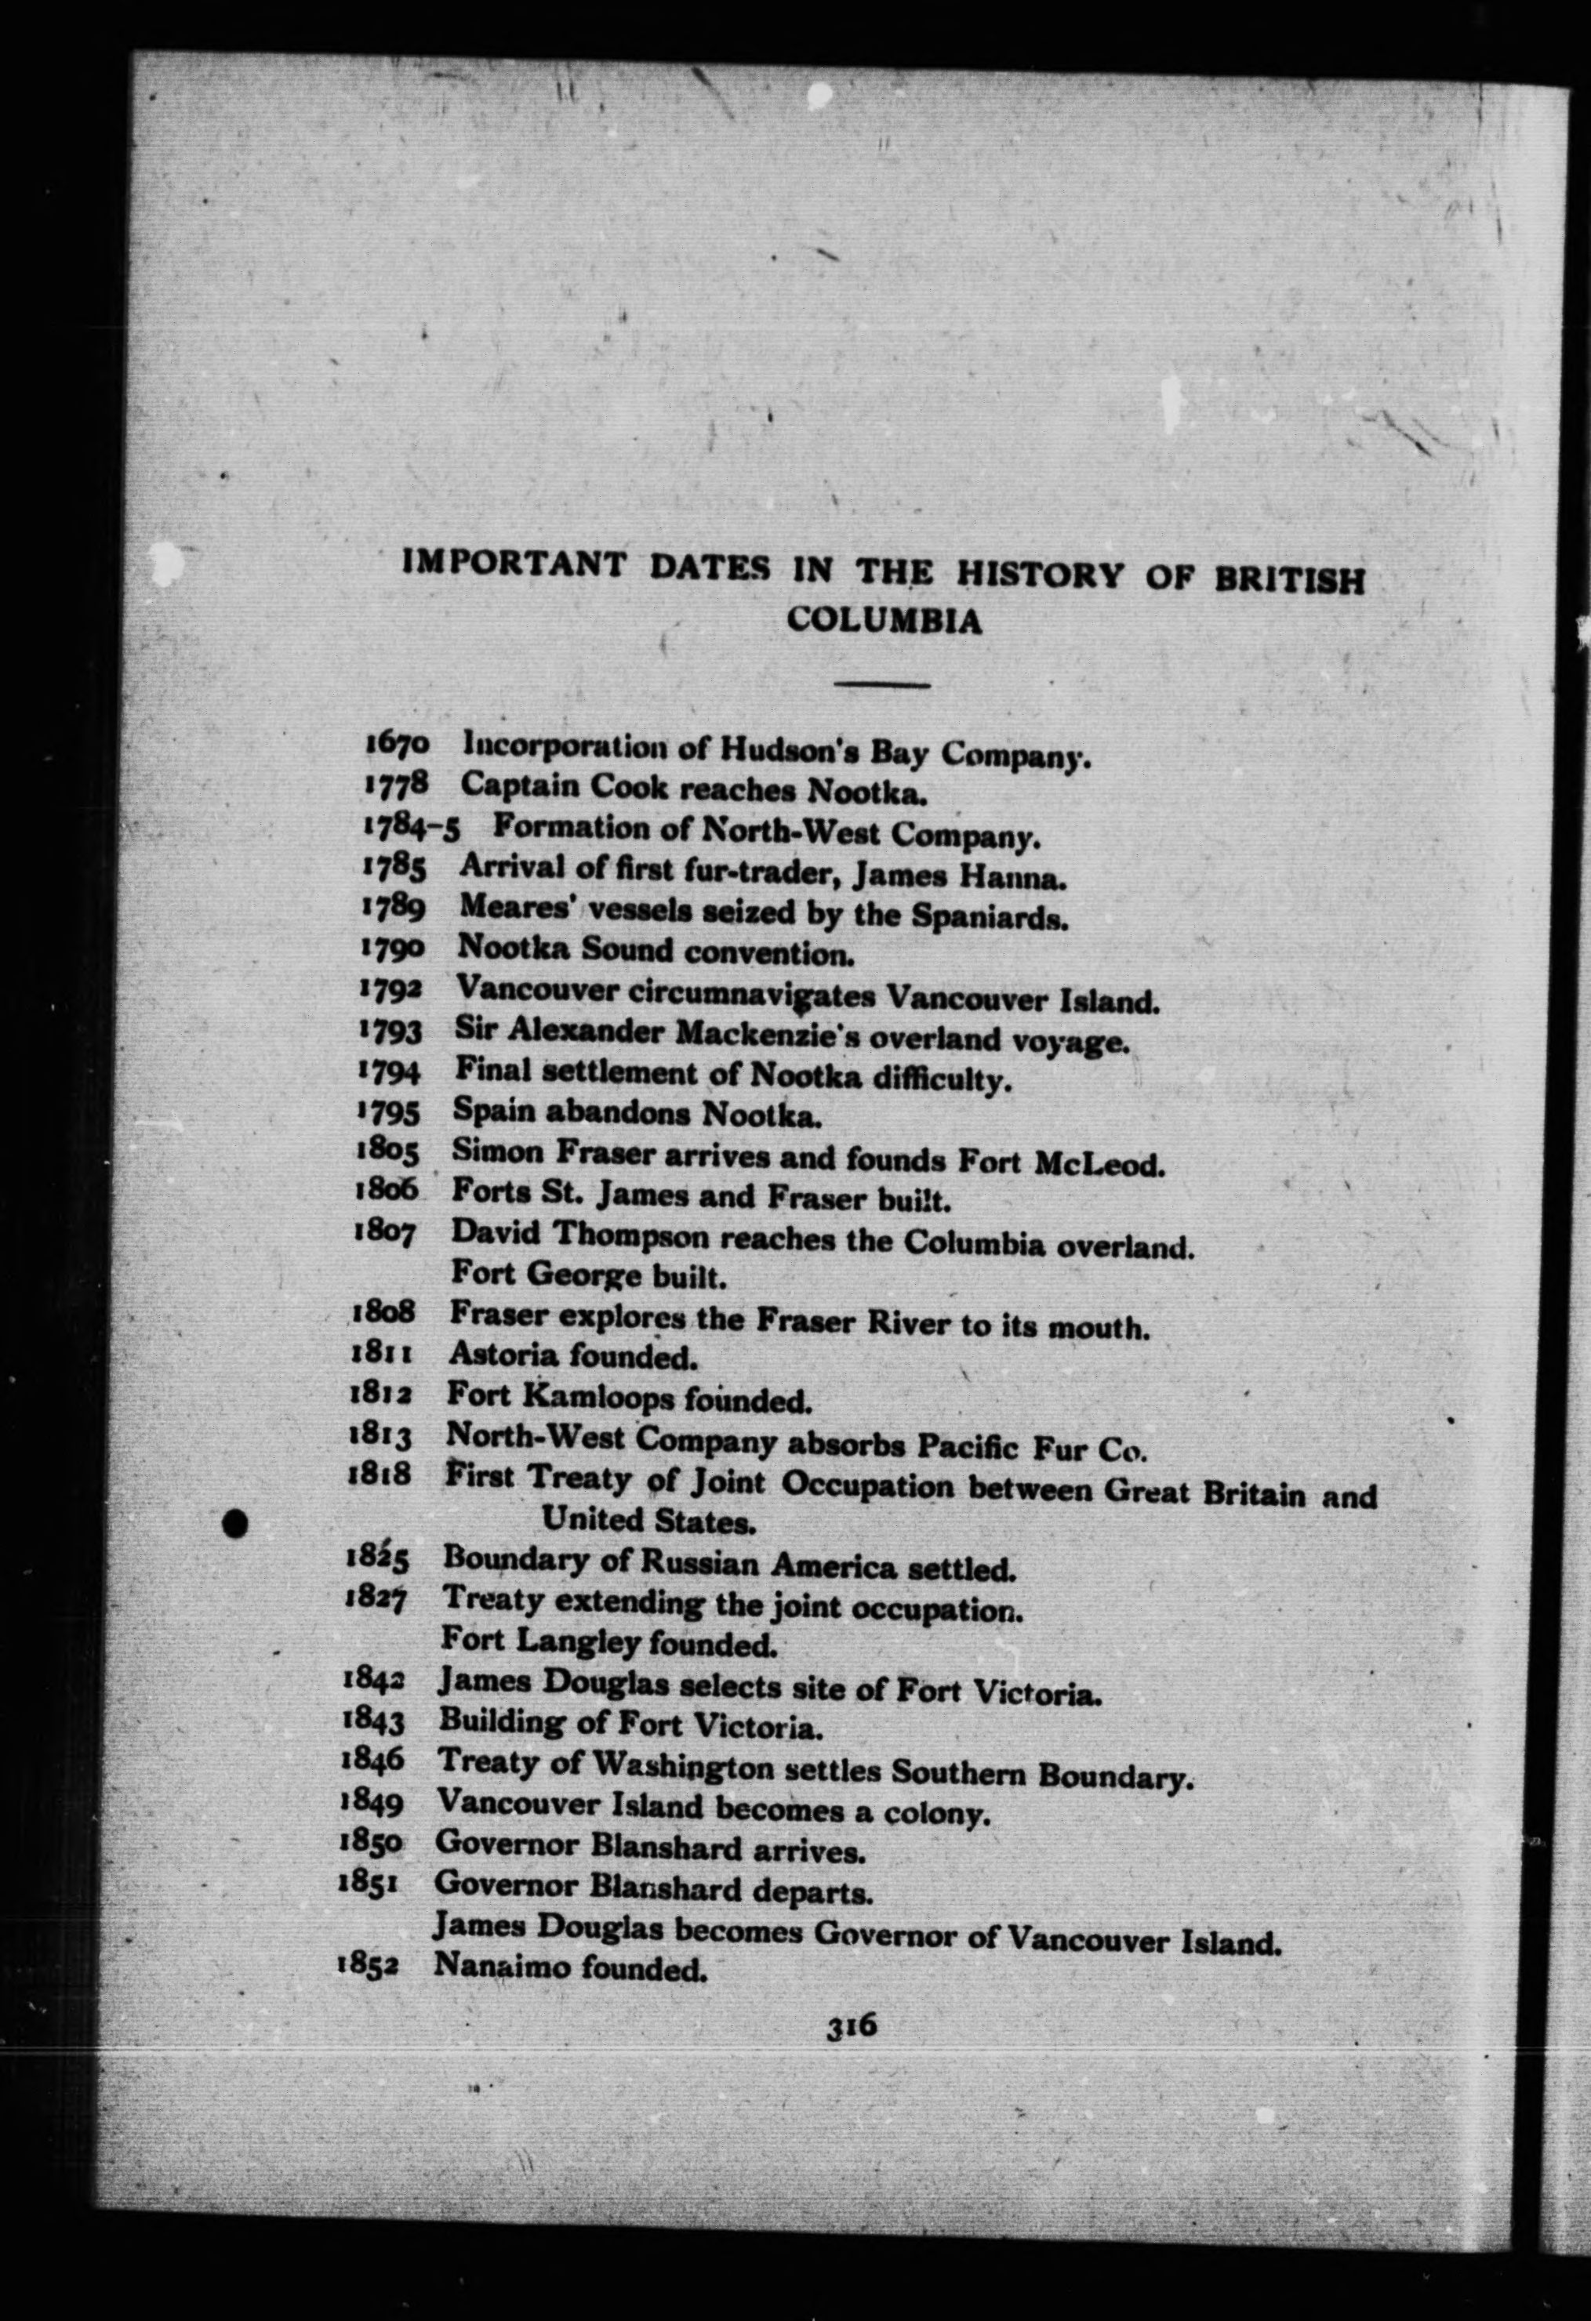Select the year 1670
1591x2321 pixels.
[397, 743]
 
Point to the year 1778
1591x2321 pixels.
[395, 785]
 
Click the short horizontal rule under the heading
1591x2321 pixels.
[883, 684]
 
